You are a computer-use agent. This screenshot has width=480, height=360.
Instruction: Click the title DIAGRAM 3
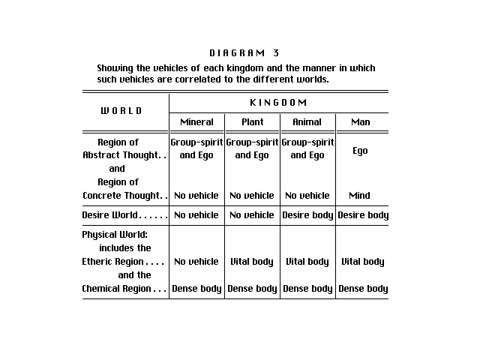(x=244, y=52)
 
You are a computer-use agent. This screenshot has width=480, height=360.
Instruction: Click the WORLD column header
(x=121, y=111)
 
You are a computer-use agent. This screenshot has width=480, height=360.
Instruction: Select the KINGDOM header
(x=278, y=102)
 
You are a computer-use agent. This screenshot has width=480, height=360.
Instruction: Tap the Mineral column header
(x=196, y=121)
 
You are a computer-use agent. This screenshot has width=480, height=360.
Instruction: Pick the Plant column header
(x=252, y=121)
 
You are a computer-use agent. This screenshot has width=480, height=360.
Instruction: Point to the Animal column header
(x=307, y=121)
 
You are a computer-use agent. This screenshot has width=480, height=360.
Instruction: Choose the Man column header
(x=360, y=121)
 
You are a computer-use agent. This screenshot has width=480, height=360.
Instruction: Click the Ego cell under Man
(x=360, y=151)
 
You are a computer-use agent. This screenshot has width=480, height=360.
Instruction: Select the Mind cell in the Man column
(x=359, y=196)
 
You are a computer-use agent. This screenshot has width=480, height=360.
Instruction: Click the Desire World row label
(x=124, y=215)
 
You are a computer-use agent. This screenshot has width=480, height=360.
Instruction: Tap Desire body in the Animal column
(x=307, y=215)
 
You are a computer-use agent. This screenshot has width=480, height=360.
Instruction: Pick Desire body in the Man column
(x=363, y=215)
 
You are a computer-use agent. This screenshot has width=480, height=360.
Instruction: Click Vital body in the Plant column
(x=252, y=262)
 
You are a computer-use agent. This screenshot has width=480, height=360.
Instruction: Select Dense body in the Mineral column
(x=196, y=289)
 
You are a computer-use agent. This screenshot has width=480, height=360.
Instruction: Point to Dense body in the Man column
(x=363, y=289)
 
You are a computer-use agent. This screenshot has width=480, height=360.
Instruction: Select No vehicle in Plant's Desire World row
(x=252, y=215)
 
